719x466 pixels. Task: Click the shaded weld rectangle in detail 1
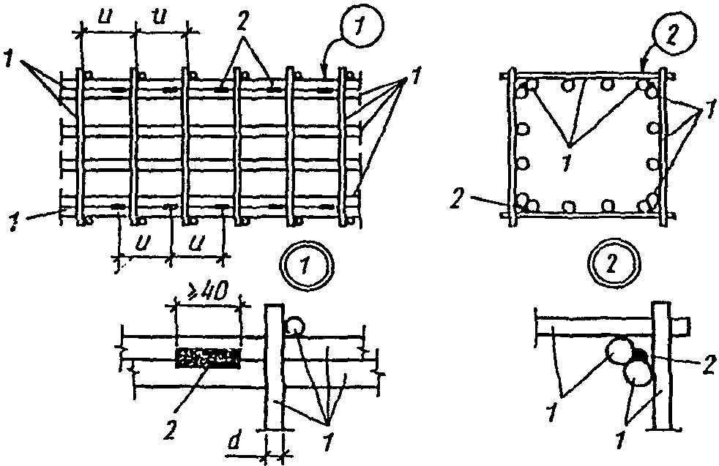pyautogui.click(x=208, y=358)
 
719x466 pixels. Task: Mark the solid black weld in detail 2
pyautogui.click(x=641, y=353)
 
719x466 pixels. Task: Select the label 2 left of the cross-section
pyautogui.click(x=456, y=200)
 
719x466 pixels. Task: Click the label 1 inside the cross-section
pyautogui.click(x=567, y=162)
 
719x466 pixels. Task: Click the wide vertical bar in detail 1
pyautogui.click(x=275, y=367)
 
